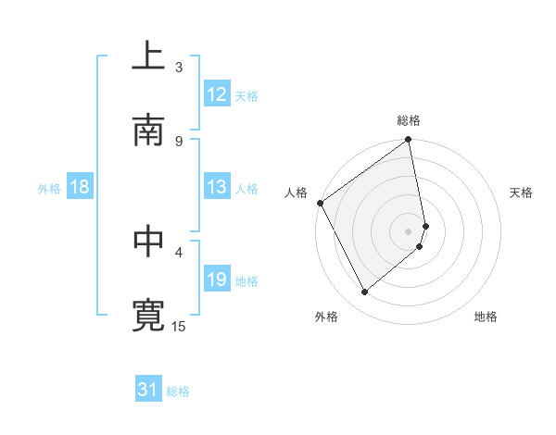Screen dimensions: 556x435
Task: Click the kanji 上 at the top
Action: point(148,57)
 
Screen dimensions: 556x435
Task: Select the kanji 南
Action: point(148,130)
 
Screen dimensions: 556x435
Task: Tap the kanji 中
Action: point(148,242)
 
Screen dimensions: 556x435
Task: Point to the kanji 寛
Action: point(148,316)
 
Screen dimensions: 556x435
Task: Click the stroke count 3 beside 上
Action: point(179,67)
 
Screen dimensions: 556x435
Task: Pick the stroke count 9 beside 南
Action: point(179,141)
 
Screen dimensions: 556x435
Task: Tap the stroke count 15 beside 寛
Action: point(180,326)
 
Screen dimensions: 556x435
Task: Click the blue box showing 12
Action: point(217,94)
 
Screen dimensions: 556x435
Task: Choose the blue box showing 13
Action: point(217,187)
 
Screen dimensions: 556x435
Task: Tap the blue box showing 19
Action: point(217,280)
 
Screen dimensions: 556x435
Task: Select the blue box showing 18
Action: point(80,187)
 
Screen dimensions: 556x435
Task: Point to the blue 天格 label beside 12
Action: point(246,95)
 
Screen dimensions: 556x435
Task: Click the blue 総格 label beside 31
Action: point(178,391)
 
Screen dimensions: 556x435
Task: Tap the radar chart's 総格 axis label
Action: point(409,120)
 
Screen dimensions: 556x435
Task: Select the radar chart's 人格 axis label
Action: point(297,193)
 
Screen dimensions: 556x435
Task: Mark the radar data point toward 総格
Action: point(409,141)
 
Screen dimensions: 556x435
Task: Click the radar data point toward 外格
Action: point(365,292)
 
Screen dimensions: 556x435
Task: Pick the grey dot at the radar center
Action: point(409,230)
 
